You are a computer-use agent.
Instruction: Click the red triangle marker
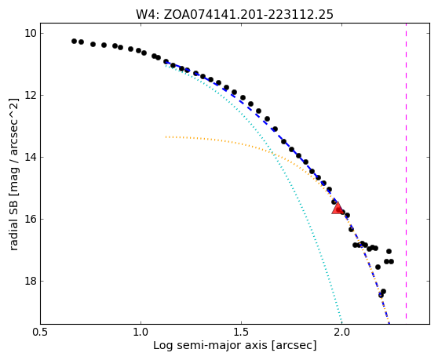tap(338, 208)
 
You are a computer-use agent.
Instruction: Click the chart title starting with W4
tap(235, 15)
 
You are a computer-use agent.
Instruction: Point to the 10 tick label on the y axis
tap(31, 33)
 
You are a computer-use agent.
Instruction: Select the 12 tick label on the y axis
tap(31, 95)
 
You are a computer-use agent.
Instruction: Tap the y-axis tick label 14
tap(31, 157)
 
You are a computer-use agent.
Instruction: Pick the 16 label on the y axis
tap(31, 219)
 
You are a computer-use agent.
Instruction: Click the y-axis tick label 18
tap(31, 281)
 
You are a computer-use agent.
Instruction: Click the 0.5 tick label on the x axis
tap(41, 333)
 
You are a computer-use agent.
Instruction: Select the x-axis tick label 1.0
tap(141, 333)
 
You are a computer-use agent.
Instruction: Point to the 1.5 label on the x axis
tap(241, 333)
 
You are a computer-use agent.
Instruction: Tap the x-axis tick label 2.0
tap(341, 333)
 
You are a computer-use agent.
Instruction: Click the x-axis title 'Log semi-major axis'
tap(210, 345)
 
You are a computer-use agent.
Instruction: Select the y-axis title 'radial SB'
tap(13, 226)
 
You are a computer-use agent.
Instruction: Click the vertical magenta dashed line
tap(406, 171)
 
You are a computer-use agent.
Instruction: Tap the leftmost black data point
tap(74, 41)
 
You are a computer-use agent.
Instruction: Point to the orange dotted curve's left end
tap(166, 137)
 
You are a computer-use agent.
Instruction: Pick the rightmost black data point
tap(391, 261)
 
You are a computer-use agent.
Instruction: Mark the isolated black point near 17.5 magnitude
tap(378, 267)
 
